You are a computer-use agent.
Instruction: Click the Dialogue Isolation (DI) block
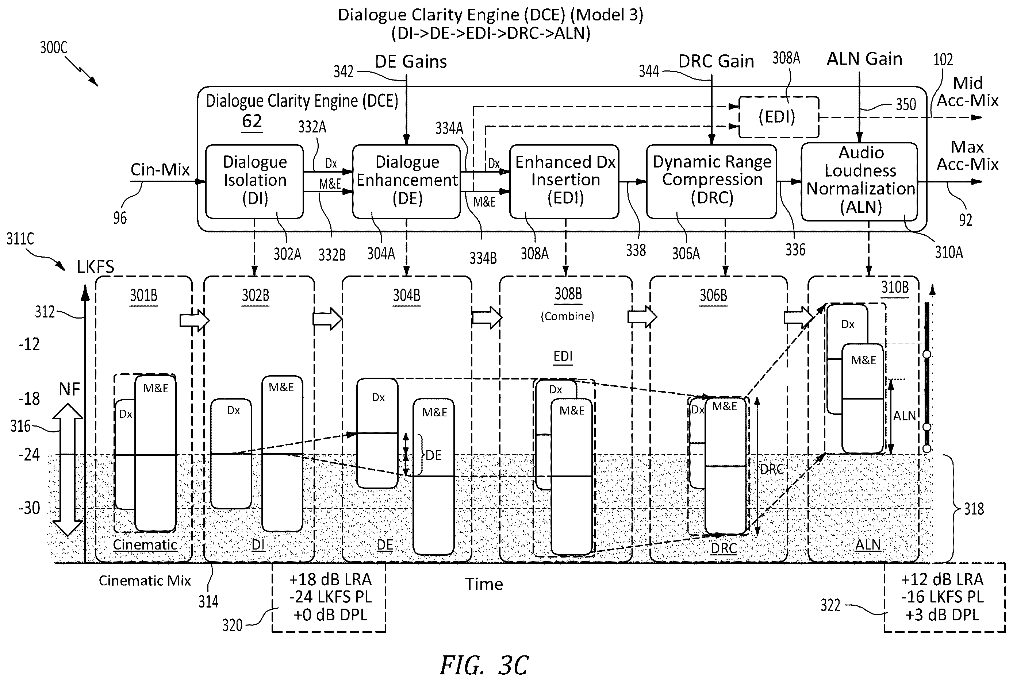(x=254, y=181)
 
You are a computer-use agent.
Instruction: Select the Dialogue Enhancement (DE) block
(x=406, y=181)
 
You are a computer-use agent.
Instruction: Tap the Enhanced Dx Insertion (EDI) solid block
(x=564, y=181)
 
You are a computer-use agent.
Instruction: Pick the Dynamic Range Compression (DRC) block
(x=711, y=181)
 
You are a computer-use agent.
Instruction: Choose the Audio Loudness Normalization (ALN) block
(x=859, y=181)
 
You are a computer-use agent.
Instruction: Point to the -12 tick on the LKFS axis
(x=29, y=344)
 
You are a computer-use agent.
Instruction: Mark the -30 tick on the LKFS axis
(x=29, y=508)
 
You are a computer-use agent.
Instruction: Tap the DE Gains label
(x=411, y=61)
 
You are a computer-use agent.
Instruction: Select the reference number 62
(x=252, y=121)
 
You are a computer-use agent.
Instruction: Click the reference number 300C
(x=54, y=47)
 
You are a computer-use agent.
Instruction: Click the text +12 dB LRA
(x=942, y=580)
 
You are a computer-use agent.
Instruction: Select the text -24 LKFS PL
(x=330, y=597)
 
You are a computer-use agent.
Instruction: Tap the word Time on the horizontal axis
(x=484, y=584)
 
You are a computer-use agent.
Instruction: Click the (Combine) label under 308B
(x=567, y=316)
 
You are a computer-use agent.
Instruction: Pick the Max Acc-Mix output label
(x=967, y=155)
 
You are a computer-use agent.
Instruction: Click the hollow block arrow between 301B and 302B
(x=195, y=320)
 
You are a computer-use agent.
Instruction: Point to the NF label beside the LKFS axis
(x=70, y=389)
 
